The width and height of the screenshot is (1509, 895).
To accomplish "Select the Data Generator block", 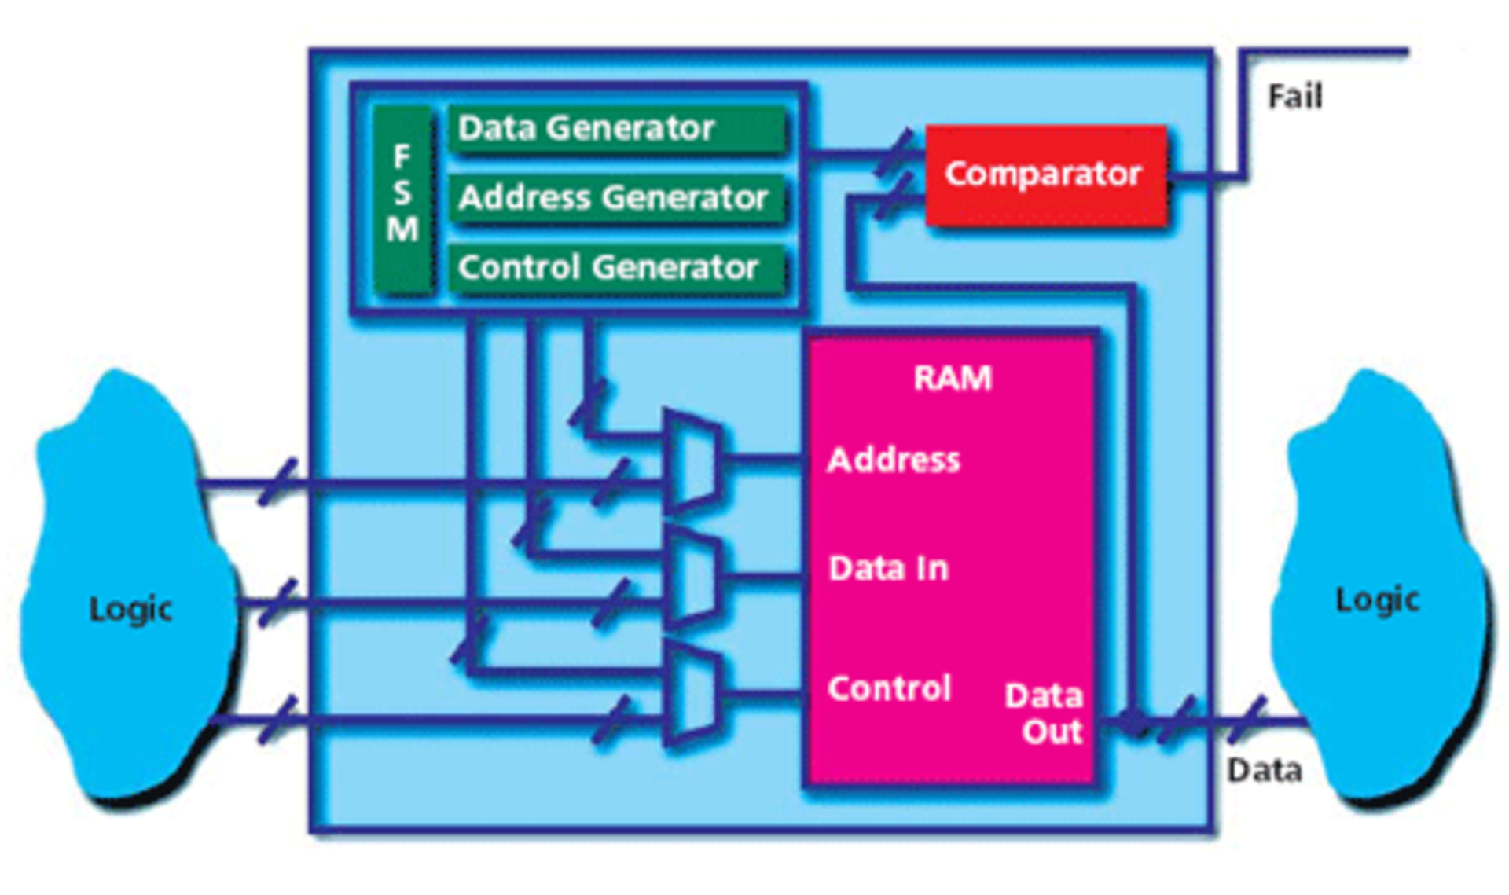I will coord(617,129).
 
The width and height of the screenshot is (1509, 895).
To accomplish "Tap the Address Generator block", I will coord(617,197).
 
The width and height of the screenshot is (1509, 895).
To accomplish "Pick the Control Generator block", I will coord(617,268).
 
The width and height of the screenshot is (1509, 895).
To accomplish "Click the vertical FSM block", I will coord(402,200).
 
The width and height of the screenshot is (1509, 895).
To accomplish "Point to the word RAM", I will coord(953,379).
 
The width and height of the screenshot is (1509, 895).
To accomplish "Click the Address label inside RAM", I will coord(894,460).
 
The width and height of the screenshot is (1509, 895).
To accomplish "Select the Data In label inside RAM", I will coord(889,569).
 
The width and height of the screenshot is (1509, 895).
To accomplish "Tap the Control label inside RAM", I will coord(889,689).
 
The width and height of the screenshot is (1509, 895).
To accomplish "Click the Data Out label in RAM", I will coord(1045,713).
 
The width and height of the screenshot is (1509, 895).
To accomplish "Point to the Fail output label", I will coord(1295,97).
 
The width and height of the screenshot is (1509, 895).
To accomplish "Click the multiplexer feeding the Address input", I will coord(692,460).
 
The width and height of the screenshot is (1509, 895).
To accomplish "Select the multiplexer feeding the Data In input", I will coord(692,578).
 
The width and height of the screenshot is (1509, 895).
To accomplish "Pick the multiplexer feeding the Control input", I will coord(692,695).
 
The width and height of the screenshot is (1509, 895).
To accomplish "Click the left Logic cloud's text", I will coord(130,610).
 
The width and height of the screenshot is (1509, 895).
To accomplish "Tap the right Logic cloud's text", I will coord(1377,600).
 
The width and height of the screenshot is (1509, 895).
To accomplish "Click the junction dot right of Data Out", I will coord(1133,721).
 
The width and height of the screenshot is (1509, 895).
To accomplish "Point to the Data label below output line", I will coord(1265,771).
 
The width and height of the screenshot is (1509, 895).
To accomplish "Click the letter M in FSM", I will coord(402,230).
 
